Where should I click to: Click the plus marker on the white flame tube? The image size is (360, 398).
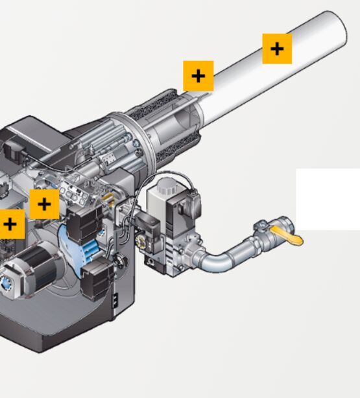[x=277, y=49]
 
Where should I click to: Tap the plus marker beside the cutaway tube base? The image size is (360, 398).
[x=198, y=76]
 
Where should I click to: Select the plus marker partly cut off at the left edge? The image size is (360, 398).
[x=10, y=225]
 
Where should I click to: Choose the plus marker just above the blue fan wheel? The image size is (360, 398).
[x=44, y=204]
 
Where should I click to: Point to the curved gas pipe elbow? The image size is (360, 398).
[x=219, y=260]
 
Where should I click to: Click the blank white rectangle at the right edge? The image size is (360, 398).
[x=328, y=199]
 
